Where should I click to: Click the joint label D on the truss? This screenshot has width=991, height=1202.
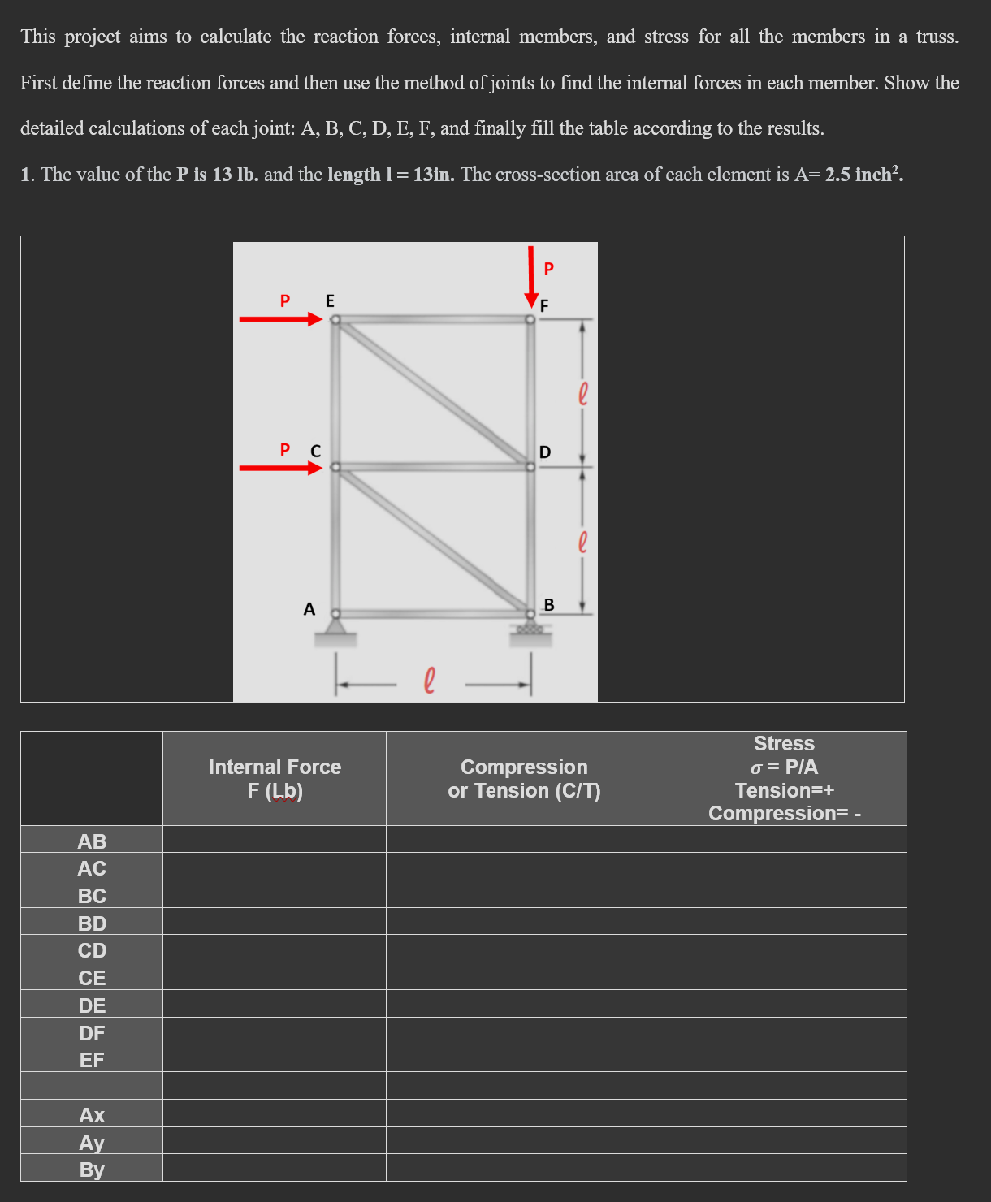pyautogui.click(x=545, y=452)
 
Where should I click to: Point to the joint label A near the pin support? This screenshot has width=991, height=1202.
pyautogui.click(x=309, y=609)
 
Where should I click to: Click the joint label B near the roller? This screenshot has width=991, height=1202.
pyautogui.click(x=549, y=605)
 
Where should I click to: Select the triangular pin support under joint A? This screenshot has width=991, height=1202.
pyautogui.click(x=335, y=627)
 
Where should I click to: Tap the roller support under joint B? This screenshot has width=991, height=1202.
pyautogui.click(x=530, y=630)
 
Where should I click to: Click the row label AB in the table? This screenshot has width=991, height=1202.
pyautogui.click(x=92, y=841)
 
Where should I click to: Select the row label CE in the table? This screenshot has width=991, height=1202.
pyautogui.click(x=92, y=978)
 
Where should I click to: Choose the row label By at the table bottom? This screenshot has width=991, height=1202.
pyautogui.click(x=92, y=1170)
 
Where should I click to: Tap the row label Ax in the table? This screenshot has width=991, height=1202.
pyautogui.click(x=92, y=1115)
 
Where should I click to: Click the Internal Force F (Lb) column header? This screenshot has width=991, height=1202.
pyautogui.click(x=275, y=779)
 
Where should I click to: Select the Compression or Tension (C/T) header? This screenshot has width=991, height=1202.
pyautogui.click(x=524, y=779)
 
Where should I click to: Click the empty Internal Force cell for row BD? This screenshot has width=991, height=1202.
pyautogui.click(x=275, y=922)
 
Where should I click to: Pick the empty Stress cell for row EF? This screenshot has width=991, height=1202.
pyautogui.click(x=783, y=1058)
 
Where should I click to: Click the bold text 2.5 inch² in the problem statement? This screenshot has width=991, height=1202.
pyautogui.click(x=863, y=175)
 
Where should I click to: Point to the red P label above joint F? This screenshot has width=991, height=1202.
pyautogui.click(x=548, y=268)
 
